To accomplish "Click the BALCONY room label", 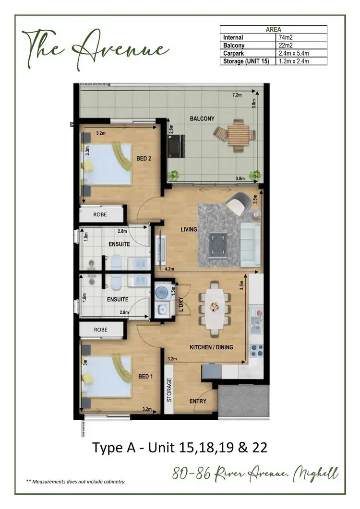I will click(202, 118).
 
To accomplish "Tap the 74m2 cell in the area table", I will click(285, 37).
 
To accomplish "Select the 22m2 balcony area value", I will click(285, 45).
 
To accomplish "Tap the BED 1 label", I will click(145, 377).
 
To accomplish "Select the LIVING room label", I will click(189, 229).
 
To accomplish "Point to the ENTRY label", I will click(198, 401).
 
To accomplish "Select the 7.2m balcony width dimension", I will click(237, 95).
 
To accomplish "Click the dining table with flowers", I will click(214, 307).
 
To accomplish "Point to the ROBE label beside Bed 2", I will click(100, 214).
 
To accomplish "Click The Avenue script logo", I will click(95, 47).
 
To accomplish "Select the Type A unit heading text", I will click(180, 448).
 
